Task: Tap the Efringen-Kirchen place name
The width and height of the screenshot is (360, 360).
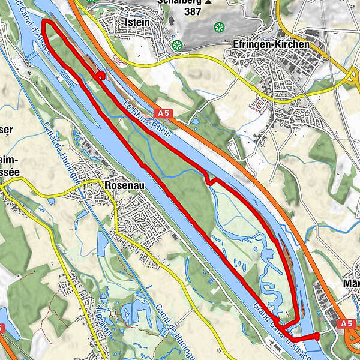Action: [271, 44]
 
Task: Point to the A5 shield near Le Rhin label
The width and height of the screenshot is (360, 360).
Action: [165, 112]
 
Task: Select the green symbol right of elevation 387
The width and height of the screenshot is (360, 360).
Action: [219, 27]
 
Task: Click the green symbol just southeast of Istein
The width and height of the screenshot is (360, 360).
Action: [177, 45]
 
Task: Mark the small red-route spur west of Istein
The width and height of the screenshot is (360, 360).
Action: [100, 76]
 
